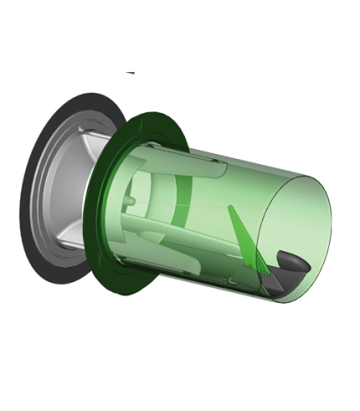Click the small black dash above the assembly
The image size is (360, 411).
click(x=130, y=73)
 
